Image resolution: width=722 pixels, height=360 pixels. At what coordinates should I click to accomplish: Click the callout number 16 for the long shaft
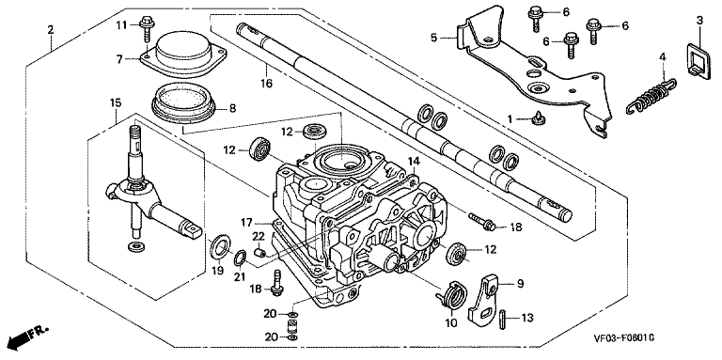click(267, 84)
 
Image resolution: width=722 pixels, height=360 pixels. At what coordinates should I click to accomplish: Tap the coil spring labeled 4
click(651, 96)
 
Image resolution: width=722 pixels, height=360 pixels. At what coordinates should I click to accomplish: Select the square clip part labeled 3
click(699, 58)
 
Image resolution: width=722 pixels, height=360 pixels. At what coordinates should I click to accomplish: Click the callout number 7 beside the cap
click(119, 59)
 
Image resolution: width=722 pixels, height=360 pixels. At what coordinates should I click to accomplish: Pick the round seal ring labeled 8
click(183, 104)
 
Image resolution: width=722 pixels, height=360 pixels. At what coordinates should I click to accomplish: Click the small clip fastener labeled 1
click(537, 119)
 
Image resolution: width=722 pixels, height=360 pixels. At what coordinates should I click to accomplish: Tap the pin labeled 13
click(502, 319)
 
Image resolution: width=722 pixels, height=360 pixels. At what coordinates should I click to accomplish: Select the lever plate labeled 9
click(484, 298)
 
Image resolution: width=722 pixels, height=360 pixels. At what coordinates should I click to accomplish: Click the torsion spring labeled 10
click(451, 293)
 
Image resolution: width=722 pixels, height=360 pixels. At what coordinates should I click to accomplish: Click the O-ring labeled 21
click(240, 258)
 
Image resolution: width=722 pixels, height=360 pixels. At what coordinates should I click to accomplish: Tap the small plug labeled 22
click(260, 252)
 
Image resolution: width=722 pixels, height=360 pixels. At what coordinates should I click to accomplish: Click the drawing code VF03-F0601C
click(623, 338)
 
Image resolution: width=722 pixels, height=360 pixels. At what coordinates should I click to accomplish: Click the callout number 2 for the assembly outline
click(51, 30)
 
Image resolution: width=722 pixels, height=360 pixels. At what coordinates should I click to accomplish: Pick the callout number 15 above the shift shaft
click(115, 102)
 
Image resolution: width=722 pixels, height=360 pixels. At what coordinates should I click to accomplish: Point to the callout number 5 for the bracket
click(434, 38)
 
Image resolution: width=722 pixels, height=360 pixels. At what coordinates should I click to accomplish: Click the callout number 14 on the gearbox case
click(414, 161)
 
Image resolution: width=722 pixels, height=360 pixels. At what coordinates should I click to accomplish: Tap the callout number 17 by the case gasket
click(246, 223)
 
